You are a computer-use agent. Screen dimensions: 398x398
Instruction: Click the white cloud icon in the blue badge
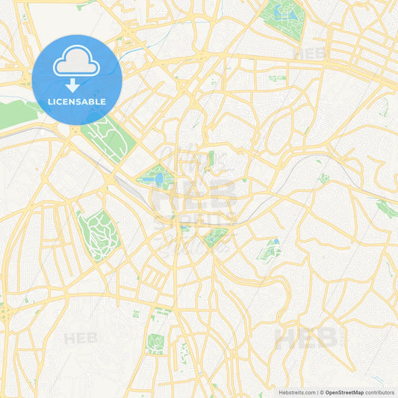tap(77, 65)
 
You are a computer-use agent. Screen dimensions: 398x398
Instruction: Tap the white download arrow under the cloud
tap(77, 86)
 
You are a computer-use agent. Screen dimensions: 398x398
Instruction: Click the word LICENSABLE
tap(77, 102)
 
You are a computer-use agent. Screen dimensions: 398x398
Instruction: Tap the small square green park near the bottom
tap(155, 343)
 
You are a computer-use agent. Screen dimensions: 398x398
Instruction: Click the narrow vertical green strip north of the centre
tap(211, 158)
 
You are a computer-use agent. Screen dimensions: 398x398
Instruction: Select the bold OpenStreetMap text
tap(343, 392)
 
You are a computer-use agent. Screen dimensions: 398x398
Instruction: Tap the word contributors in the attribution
tap(380, 392)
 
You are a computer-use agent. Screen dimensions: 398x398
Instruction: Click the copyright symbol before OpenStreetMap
tap(321, 392)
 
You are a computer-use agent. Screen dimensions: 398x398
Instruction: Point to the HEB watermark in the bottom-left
tap(81, 338)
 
